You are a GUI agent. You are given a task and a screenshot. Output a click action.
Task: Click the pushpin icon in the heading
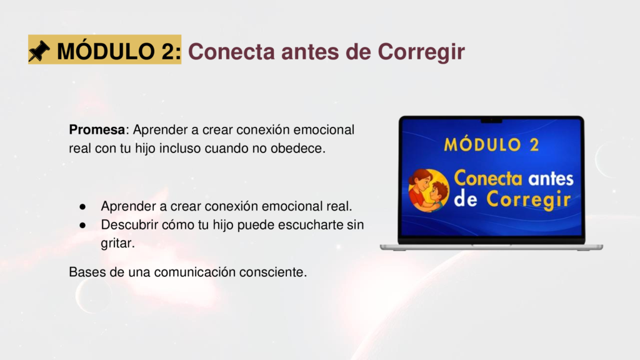click(39, 51)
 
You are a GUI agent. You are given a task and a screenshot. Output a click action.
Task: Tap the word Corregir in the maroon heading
click(421, 53)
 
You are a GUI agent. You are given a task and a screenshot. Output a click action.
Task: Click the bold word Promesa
click(97, 130)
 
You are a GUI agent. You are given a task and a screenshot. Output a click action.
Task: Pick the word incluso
click(180, 149)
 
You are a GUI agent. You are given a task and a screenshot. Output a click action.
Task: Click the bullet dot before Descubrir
click(83, 225)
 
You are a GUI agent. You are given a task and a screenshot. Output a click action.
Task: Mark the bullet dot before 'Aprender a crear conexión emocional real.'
click(83, 207)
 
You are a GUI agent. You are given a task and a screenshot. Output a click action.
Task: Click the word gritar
click(117, 243)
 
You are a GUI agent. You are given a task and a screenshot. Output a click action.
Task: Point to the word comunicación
click(195, 272)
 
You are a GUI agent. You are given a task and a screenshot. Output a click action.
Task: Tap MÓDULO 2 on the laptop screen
click(491, 145)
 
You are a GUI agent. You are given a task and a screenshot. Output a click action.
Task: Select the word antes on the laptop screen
click(551, 179)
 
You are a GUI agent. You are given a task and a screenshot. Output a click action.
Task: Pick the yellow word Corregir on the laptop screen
click(529, 200)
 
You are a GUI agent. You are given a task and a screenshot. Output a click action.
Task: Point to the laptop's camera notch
click(491, 121)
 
